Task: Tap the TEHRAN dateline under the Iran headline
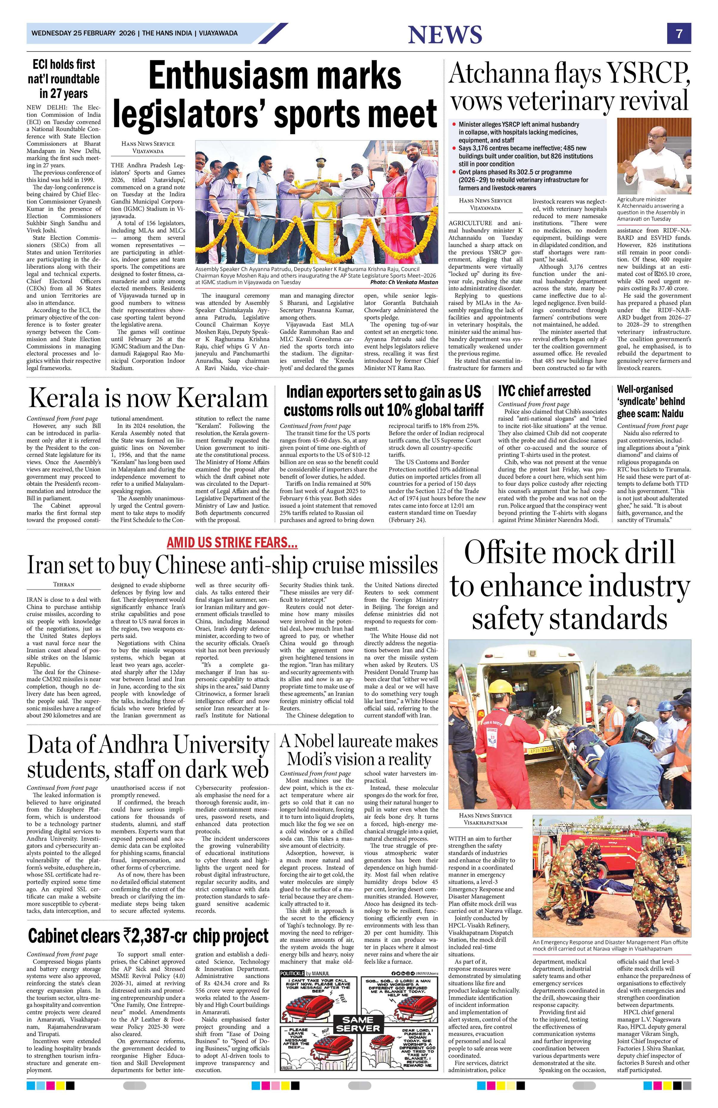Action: (x=64, y=584)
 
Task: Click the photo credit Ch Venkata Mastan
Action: (x=404, y=282)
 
